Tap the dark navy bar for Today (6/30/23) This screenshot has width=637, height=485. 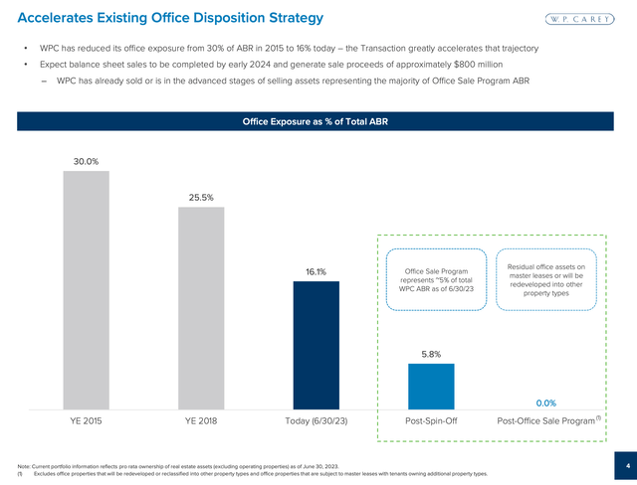pos(316,344)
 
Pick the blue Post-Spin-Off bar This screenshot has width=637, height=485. pos(431,385)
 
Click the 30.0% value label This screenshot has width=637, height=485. pos(86,161)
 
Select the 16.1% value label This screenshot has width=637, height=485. pos(316,271)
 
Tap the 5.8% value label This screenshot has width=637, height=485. pos(431,353)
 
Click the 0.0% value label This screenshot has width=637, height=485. pos(545,403)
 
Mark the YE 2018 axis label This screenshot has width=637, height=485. pos(201,421)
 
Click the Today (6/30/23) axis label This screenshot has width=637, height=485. pos(316,421)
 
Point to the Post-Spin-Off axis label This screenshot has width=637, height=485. pos(431,421)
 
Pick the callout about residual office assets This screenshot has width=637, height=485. pos(544,279)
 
